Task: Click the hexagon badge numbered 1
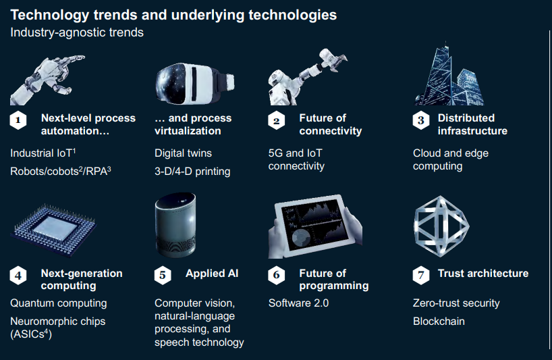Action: [x=18, y=120]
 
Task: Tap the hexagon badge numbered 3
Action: [x=420, y=120]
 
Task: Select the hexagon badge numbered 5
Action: [x=163, y=275]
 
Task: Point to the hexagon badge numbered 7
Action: [x=420, y=275]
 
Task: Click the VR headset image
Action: [x=194, y=84]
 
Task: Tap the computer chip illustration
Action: [x=54, y=229]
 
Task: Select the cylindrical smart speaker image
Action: [x=175, y=224]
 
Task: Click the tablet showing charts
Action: [x=314, y=226]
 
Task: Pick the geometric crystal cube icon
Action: [x=441, y=226]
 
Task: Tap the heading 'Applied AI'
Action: [x=212, y=274]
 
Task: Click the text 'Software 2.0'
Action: [x=298, y=303]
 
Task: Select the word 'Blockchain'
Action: [x=439, y=322]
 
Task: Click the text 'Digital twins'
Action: [x=183, y=153]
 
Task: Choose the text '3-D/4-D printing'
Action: [x=192, y=172]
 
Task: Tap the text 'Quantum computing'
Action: [x=59, y=303]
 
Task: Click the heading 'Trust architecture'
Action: [x=483, y=274]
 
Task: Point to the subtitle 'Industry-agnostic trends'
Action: [x=77, y=32]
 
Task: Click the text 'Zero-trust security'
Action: [x=456, y=303]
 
